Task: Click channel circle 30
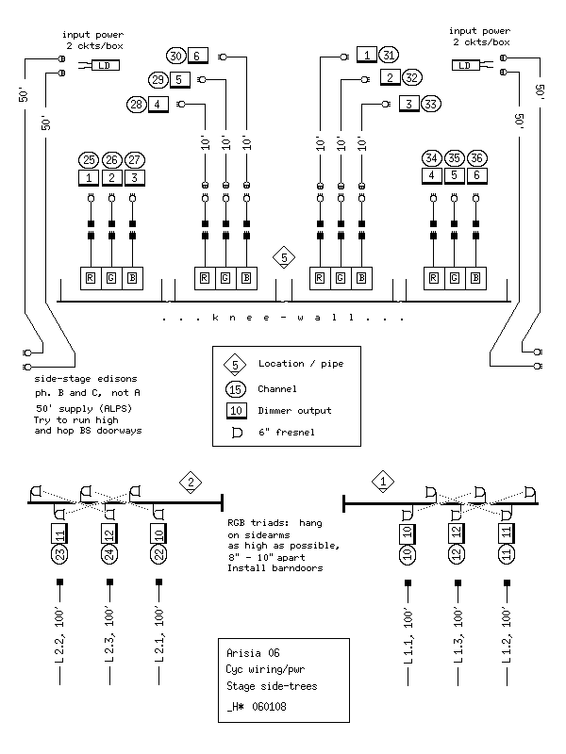(176, 56)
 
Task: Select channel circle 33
(431, 104)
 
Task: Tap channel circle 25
(89, 159)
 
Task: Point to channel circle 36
(476, 157)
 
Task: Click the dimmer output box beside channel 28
(158, 105)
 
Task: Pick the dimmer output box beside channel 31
(367, 55)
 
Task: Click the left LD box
(105, 65)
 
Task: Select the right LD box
(465, 65)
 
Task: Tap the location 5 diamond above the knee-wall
(284, 257)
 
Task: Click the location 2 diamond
(191, 483)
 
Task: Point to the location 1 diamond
(383, 482)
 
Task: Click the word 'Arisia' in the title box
(243, 653)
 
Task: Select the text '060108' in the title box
(269, 706)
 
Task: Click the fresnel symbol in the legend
(237, 433)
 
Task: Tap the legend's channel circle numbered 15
(235, 389)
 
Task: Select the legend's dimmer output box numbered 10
(236, 411)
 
